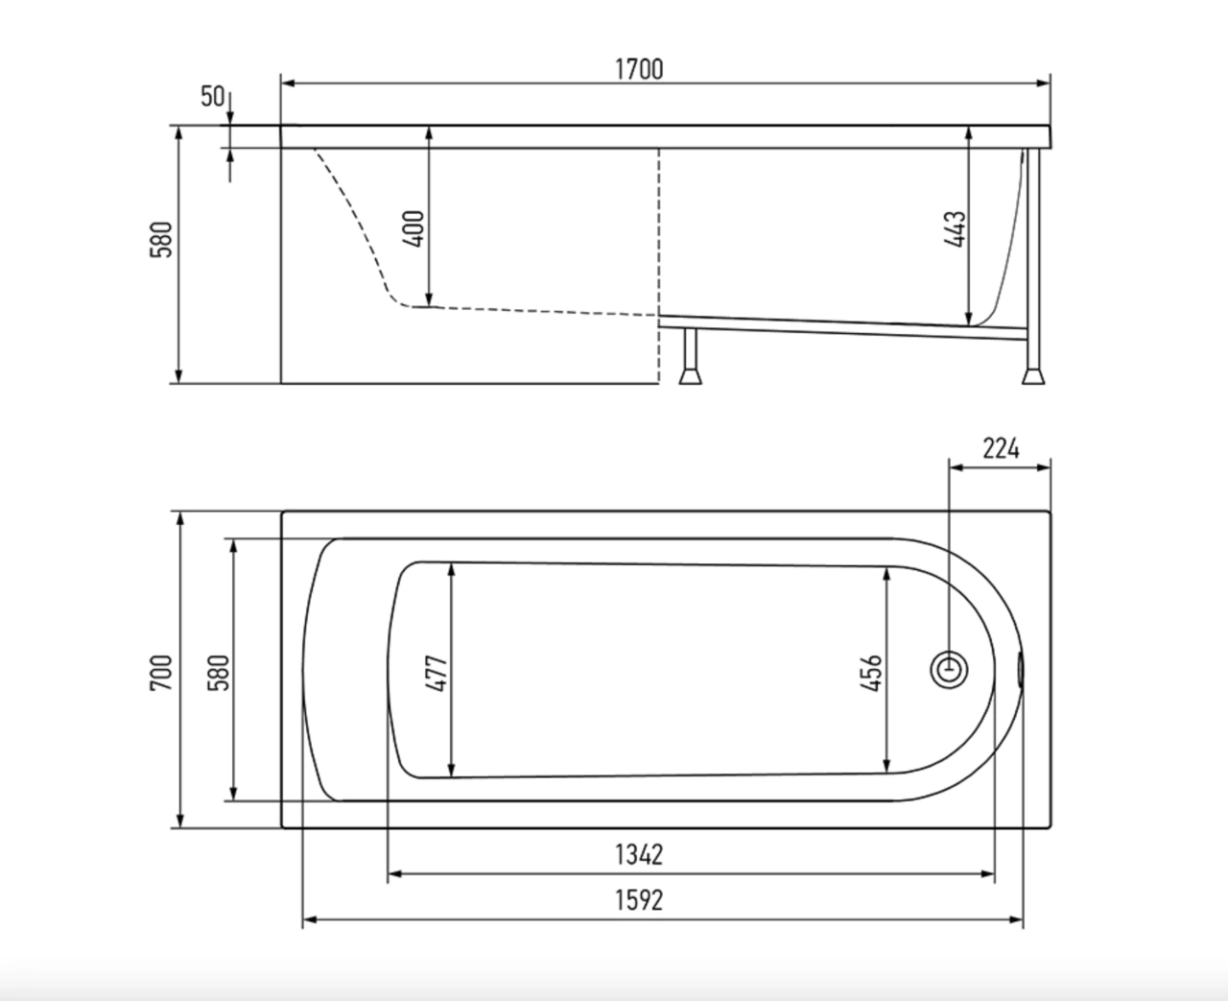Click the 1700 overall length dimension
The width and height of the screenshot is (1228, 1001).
click(639, 69)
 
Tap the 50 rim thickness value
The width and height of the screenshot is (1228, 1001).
click(212, 96)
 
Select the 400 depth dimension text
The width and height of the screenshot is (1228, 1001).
click(413, 229)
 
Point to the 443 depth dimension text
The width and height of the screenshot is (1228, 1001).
click(955, 229)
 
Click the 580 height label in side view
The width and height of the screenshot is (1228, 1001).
click(161, 239)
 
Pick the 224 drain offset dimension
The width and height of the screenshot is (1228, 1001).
click(1001, 448)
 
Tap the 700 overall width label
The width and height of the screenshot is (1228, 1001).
click(161, 673)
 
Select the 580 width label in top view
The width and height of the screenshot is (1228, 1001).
click(219, 673)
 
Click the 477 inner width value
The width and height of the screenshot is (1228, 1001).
click(436, 674)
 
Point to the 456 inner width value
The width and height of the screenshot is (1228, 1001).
click(871, 674)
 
